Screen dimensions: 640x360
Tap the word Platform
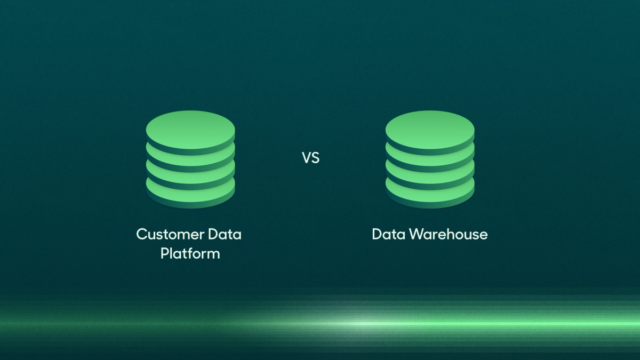pyautogui.click(x=190, y=253)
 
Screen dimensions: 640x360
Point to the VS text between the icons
pyautogui.click(x=310, y=158)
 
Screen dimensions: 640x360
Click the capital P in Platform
pyautogui.click(x=165, y=253)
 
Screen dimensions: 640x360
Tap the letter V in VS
pyautogui.click(x=307, y=158)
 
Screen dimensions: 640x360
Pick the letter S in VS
pyautogui.click(x=315, y=158)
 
